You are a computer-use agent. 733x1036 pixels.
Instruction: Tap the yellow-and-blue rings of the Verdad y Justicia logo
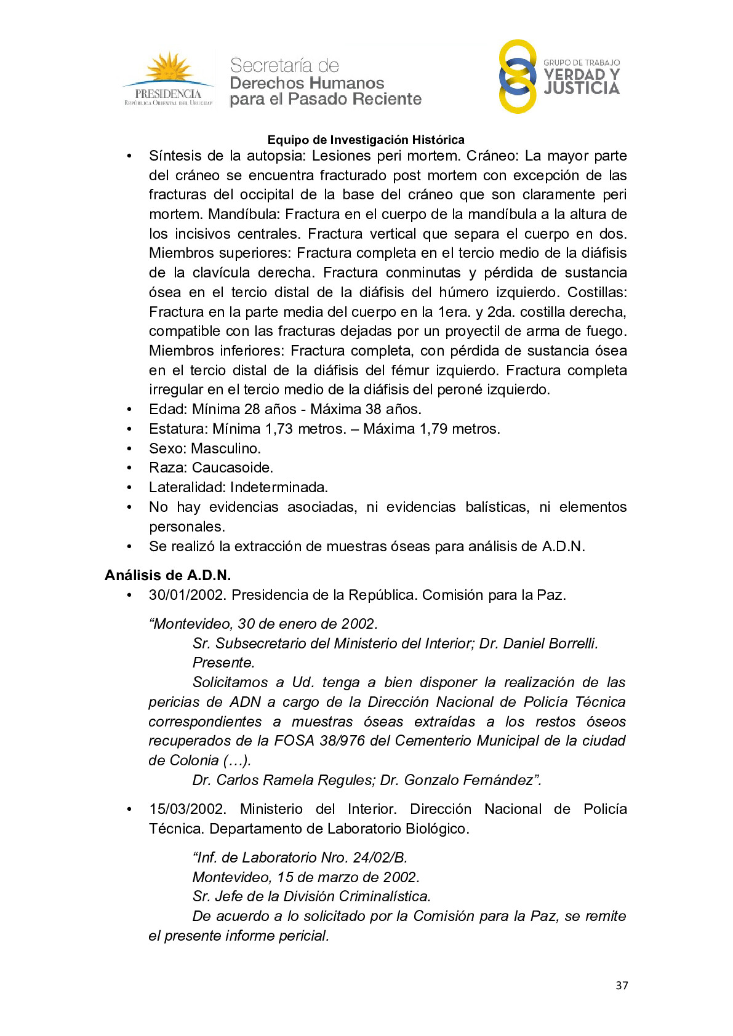click(517, 76)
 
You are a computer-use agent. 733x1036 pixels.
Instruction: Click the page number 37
click(622, 986)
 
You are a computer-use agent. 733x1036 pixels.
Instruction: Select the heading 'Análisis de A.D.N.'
click(167, 575)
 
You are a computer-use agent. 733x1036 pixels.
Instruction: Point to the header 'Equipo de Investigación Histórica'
click(366, 140)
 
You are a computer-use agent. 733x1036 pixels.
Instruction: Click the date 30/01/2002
click(187, 595)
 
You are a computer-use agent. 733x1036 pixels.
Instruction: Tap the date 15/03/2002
click(187, 809)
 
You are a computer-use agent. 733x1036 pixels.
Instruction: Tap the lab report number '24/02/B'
click(379, 858)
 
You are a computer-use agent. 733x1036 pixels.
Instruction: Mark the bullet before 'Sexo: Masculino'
click(129, 448)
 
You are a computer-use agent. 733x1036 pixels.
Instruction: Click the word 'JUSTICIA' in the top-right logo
click(582, 89)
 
